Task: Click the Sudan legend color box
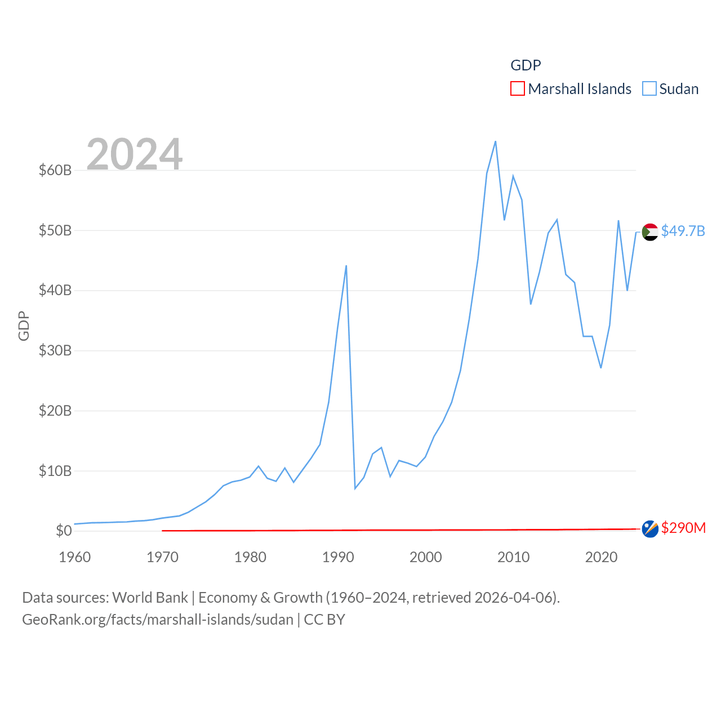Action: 649,89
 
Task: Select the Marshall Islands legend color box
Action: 518,89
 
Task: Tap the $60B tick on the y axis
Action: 55,170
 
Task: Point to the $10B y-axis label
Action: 55,471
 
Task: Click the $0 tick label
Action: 64,531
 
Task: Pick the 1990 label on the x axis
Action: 338,558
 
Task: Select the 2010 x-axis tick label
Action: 513,558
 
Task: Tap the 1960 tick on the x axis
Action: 75,558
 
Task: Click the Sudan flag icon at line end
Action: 650,232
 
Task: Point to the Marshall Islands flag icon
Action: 650,529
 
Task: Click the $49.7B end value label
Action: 683,231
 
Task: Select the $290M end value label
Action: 683,528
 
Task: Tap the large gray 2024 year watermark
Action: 135,154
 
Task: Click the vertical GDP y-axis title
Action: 24,326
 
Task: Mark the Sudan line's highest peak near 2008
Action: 495,141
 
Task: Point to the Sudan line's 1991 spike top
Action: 346,265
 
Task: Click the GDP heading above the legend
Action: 526,65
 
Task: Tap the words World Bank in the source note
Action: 150,597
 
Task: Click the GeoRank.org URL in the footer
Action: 158,620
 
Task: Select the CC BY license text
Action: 324,620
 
